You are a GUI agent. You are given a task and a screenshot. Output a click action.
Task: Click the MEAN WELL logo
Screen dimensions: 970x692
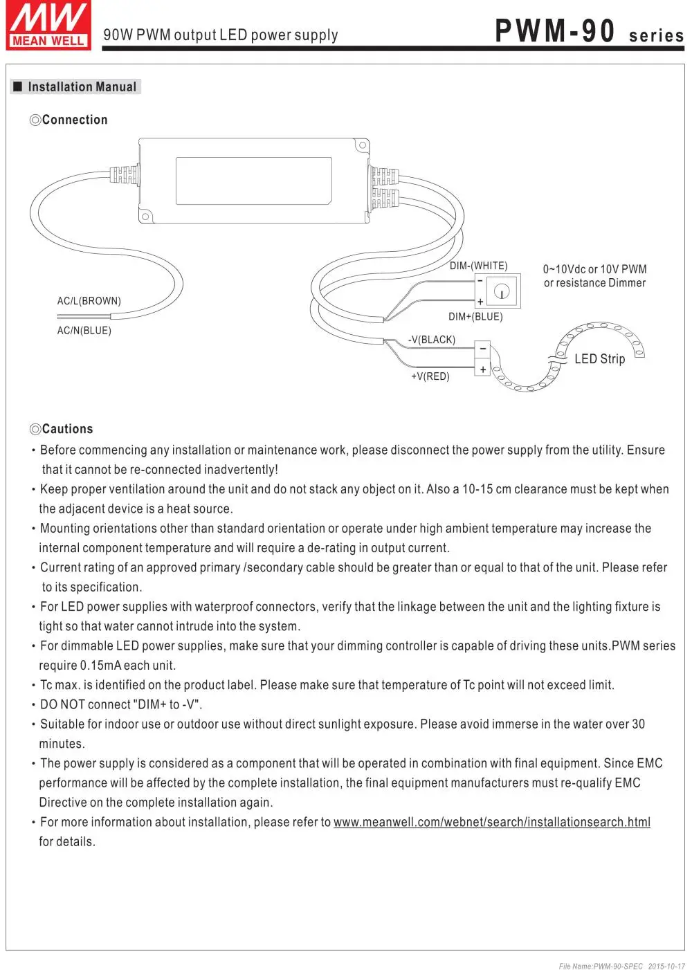pos(48,26)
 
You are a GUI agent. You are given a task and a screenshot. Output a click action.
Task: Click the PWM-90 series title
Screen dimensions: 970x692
pos(589,32)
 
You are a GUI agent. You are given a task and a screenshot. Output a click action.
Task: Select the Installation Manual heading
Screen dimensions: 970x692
pos(82,87)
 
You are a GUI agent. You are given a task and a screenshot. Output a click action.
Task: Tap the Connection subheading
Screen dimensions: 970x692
pos(74,120)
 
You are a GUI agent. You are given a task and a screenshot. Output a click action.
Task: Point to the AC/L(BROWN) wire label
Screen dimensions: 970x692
pos(89,301)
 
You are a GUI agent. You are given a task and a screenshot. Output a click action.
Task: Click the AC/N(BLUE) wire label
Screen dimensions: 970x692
pos(84,331)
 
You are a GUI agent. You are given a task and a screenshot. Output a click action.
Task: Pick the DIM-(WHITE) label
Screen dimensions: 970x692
pos(478,266)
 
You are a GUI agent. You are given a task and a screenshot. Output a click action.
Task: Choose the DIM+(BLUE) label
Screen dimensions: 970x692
pos(475,317)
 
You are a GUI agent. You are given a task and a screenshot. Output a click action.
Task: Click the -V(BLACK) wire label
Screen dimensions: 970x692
pos(431,340)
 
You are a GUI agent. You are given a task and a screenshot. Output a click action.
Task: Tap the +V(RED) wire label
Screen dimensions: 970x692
pos(430,376)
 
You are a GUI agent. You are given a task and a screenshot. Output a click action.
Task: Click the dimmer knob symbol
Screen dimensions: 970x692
pos(502,291)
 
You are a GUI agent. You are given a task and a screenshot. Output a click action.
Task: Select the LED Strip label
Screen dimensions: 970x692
pos(599,359)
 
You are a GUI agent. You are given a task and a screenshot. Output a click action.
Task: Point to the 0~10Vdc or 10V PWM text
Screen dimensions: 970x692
pos(594,269)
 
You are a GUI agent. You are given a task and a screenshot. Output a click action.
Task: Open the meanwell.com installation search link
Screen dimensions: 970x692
pos(491,822)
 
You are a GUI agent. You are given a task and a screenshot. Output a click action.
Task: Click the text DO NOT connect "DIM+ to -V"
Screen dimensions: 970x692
pos(121,704)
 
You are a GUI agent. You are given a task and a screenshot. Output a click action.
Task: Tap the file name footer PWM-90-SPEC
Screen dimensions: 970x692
pos(601,966)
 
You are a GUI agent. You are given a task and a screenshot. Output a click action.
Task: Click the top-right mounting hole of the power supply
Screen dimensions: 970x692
pos(361,146)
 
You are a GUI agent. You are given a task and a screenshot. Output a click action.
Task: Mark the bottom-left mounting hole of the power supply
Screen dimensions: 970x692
pos(145,217)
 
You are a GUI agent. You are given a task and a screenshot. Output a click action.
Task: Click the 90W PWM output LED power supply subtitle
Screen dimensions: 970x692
pos(220,35)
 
